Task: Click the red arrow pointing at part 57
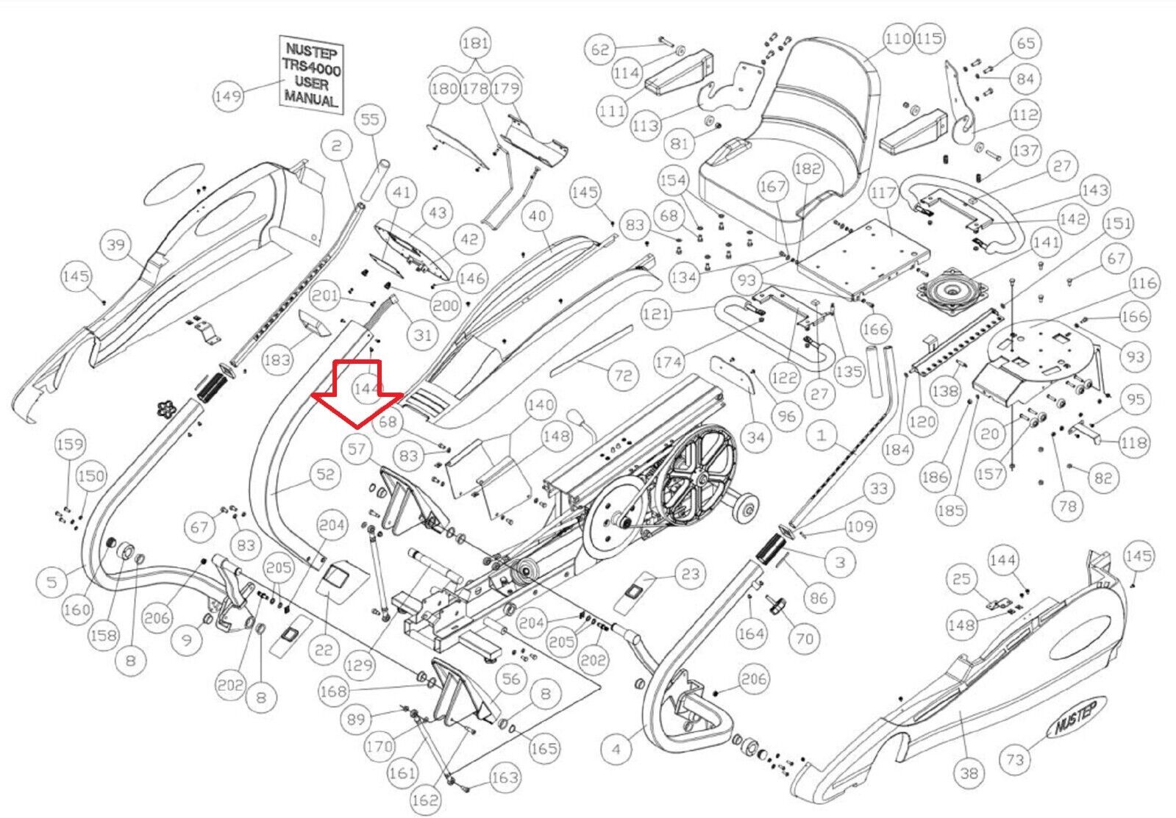(x=358, y=392)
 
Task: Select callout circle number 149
(x=228, y=96)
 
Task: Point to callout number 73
(x=1015, y=758)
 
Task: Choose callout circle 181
(x=475, y=43)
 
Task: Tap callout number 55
(x=370, y=119)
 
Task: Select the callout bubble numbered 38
(x=969, y=772)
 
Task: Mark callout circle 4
(x=616, y=749)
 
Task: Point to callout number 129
(x=359, y=666)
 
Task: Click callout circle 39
(x=116, y=244)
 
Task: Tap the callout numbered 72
(x=623, y=376)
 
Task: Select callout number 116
(x=1144, y=283)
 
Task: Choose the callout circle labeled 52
(x=325, y=475)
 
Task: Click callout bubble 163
(x=505, y=778)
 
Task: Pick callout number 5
(x=51, y=583)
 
